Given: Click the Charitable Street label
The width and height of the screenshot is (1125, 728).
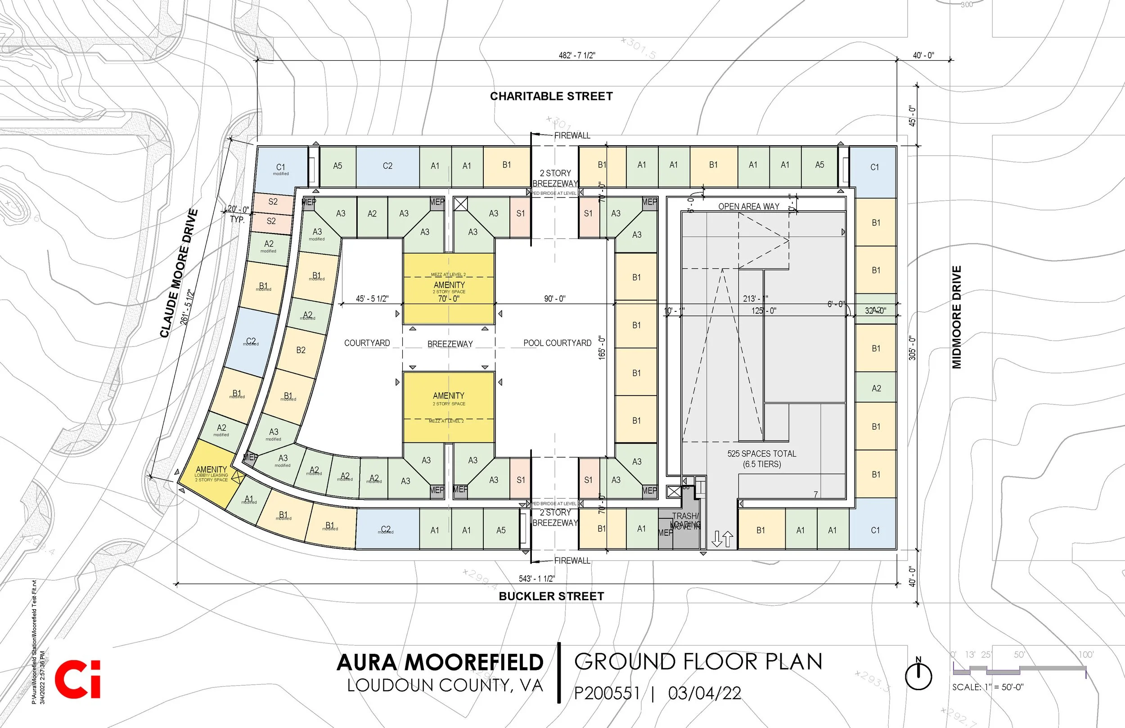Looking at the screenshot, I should tap(551, 96).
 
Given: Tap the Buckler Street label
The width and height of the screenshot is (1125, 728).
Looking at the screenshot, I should tap(551, 596).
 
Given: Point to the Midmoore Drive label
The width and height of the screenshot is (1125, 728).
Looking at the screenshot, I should tap(957, 317).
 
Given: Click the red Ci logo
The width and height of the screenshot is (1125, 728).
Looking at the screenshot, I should tap(77, 679).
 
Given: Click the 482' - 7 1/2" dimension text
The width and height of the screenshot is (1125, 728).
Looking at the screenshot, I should tap(577, 55).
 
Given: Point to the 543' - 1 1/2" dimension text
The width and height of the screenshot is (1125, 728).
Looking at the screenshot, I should tap(536, 579).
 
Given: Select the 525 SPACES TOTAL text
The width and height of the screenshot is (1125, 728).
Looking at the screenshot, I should tap(761, 454).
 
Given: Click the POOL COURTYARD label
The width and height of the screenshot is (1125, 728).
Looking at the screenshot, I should tap(557, 343).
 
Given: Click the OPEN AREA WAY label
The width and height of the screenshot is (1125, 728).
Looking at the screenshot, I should tap(748, 207).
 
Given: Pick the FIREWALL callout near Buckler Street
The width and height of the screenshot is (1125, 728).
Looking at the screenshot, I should tap(572, 561).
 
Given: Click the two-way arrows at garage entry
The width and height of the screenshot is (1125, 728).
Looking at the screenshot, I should tap(722, 539).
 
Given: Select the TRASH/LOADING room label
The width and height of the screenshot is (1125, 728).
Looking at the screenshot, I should tap(685, 520).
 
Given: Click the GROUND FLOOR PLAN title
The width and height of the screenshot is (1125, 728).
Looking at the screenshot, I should tap(698, 662).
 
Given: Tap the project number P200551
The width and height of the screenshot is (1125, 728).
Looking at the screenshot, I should tap(607, 693).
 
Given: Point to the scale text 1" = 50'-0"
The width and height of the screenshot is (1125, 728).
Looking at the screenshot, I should tap(988, 687).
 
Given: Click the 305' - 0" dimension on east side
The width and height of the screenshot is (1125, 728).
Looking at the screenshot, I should tap(912, 348).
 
